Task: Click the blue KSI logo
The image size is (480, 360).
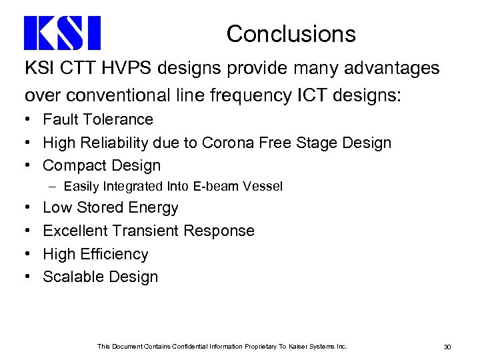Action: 62,33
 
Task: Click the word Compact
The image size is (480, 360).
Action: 73,165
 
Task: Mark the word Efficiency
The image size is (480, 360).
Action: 113,253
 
